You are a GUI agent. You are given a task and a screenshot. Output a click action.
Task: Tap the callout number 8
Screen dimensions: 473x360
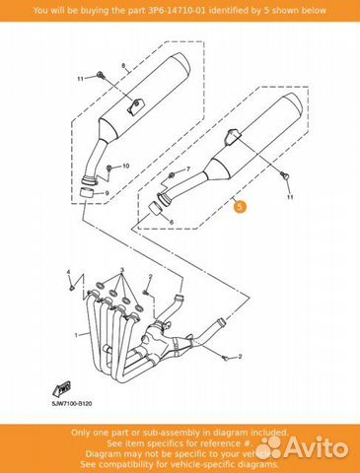tap(122, 66)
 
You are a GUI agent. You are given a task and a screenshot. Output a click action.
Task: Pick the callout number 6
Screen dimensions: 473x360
tap(170, 224)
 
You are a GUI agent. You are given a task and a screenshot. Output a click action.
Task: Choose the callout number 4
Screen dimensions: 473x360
tap(68, 270)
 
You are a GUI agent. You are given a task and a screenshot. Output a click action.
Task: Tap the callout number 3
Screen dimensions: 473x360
tap(120, 270)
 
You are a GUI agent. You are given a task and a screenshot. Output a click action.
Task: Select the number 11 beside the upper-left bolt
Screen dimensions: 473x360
tap(80, 77)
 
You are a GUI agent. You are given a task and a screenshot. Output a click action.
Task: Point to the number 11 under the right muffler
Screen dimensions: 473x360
tap(290, 199)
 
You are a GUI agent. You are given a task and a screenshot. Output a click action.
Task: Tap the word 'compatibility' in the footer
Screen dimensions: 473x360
tap(136, 463)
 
